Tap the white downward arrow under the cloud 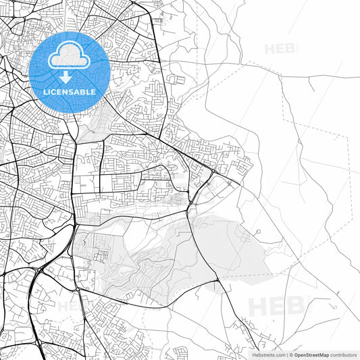[66, 78]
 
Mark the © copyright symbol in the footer [290, 354]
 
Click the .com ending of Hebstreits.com [276, 354]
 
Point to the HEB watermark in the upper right [280, 49]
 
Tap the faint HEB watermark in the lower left [71, 305]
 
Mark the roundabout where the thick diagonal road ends [211, 174]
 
